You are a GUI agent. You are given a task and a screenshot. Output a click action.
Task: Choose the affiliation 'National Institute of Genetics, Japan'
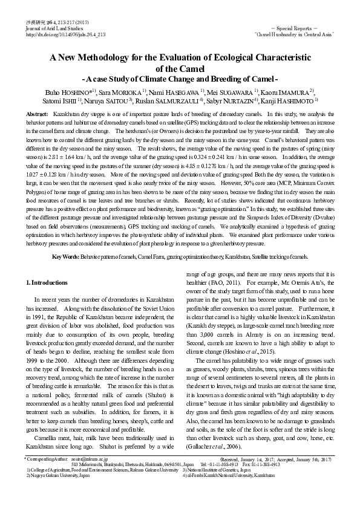click(x=223, y=470)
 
